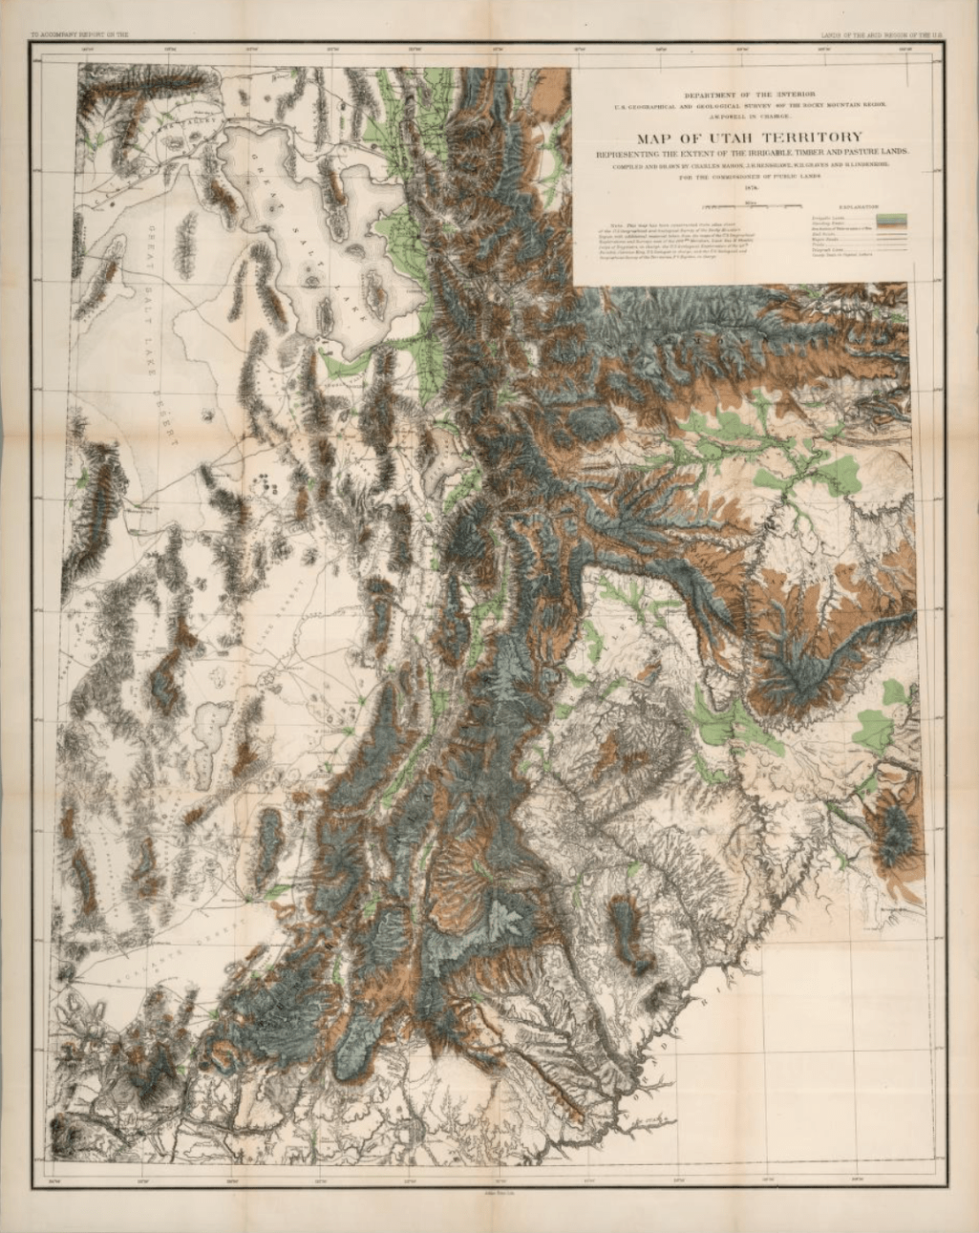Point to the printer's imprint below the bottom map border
[x=489, y=1188]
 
